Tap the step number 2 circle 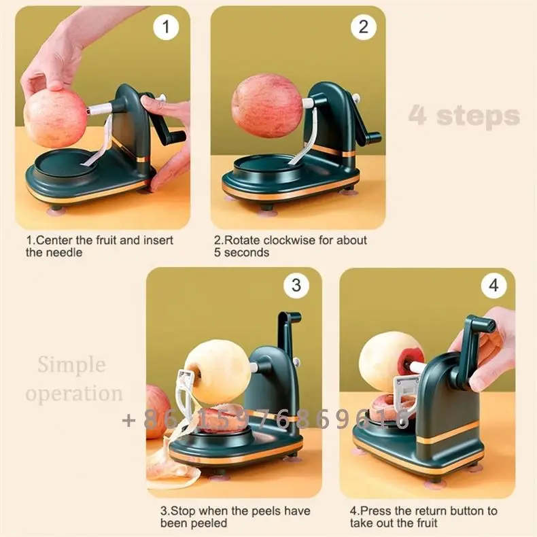363,27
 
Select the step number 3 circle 296,286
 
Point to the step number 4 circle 493,286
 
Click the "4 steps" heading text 464,116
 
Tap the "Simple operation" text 80,379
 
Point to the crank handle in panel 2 367,126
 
